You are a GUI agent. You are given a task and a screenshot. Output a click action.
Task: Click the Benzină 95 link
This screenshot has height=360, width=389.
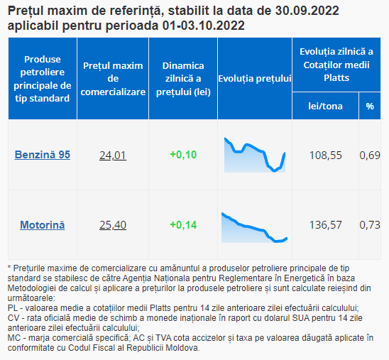pos(43,155)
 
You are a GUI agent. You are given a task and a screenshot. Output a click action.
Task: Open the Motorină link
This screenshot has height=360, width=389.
pos(43,225)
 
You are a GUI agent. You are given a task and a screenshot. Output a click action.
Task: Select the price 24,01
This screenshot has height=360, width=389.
pos(113,156)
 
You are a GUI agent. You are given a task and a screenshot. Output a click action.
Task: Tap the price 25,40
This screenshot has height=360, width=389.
pos(113,225)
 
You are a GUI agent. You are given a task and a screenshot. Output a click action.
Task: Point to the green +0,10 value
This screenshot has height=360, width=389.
pos(183,155)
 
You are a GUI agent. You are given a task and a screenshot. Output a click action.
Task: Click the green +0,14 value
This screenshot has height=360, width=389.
pos(183,225)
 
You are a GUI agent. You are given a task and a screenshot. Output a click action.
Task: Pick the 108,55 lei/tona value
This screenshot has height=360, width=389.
pos(326,156)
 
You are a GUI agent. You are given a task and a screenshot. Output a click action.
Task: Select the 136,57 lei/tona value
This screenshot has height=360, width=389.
pos(326,225)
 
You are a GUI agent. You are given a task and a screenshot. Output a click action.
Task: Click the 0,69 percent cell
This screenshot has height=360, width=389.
pos(370,156)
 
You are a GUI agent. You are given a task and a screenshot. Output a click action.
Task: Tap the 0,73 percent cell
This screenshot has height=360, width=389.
pos(370,225)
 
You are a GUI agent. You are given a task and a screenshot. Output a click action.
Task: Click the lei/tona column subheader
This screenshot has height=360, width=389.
pos(326,107)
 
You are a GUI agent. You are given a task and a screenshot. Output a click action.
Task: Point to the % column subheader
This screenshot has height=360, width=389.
pos(370,107)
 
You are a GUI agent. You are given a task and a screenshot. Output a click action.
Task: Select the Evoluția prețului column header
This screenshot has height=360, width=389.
pos(255,79)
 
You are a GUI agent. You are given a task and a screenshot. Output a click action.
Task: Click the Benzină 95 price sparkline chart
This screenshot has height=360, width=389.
pos(255,155)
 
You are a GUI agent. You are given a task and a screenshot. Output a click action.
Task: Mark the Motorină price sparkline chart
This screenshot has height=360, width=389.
pos(255,227)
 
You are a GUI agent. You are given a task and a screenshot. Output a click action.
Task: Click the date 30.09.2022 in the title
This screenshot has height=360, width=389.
pos(307,11)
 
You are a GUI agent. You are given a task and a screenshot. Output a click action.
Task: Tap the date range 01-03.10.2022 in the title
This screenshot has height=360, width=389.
pos(204,26)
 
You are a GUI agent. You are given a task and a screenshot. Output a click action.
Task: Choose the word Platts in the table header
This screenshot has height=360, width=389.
pos(336,78)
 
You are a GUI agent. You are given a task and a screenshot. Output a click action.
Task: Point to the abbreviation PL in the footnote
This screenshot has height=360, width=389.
pos(12,308)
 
